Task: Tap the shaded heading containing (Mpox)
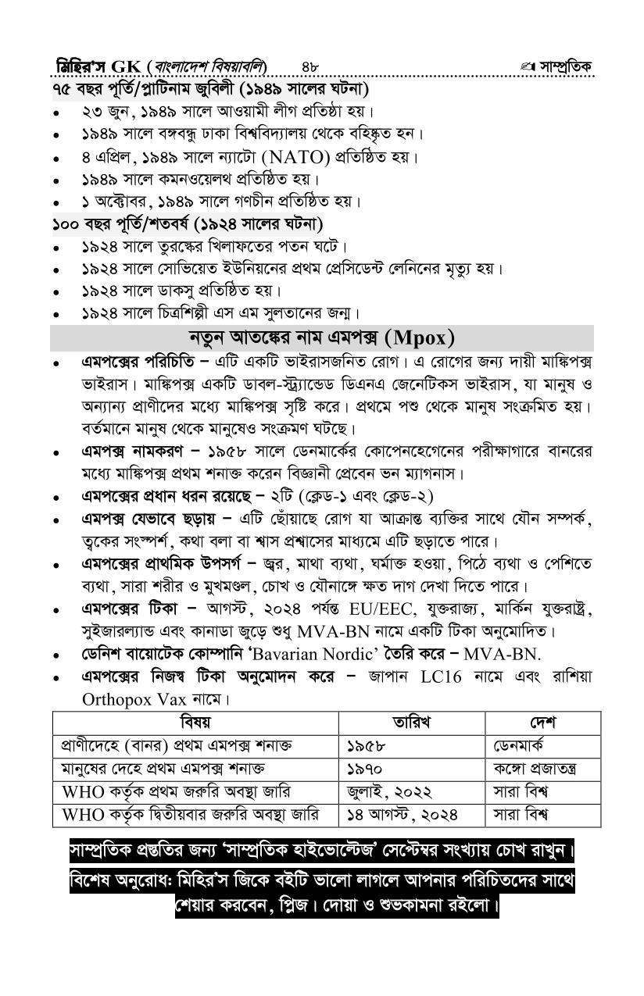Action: [321, 338]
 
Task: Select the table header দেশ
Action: [542, 723]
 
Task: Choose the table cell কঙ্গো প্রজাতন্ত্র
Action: [535, 769]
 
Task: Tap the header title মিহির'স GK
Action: [95, 65]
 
